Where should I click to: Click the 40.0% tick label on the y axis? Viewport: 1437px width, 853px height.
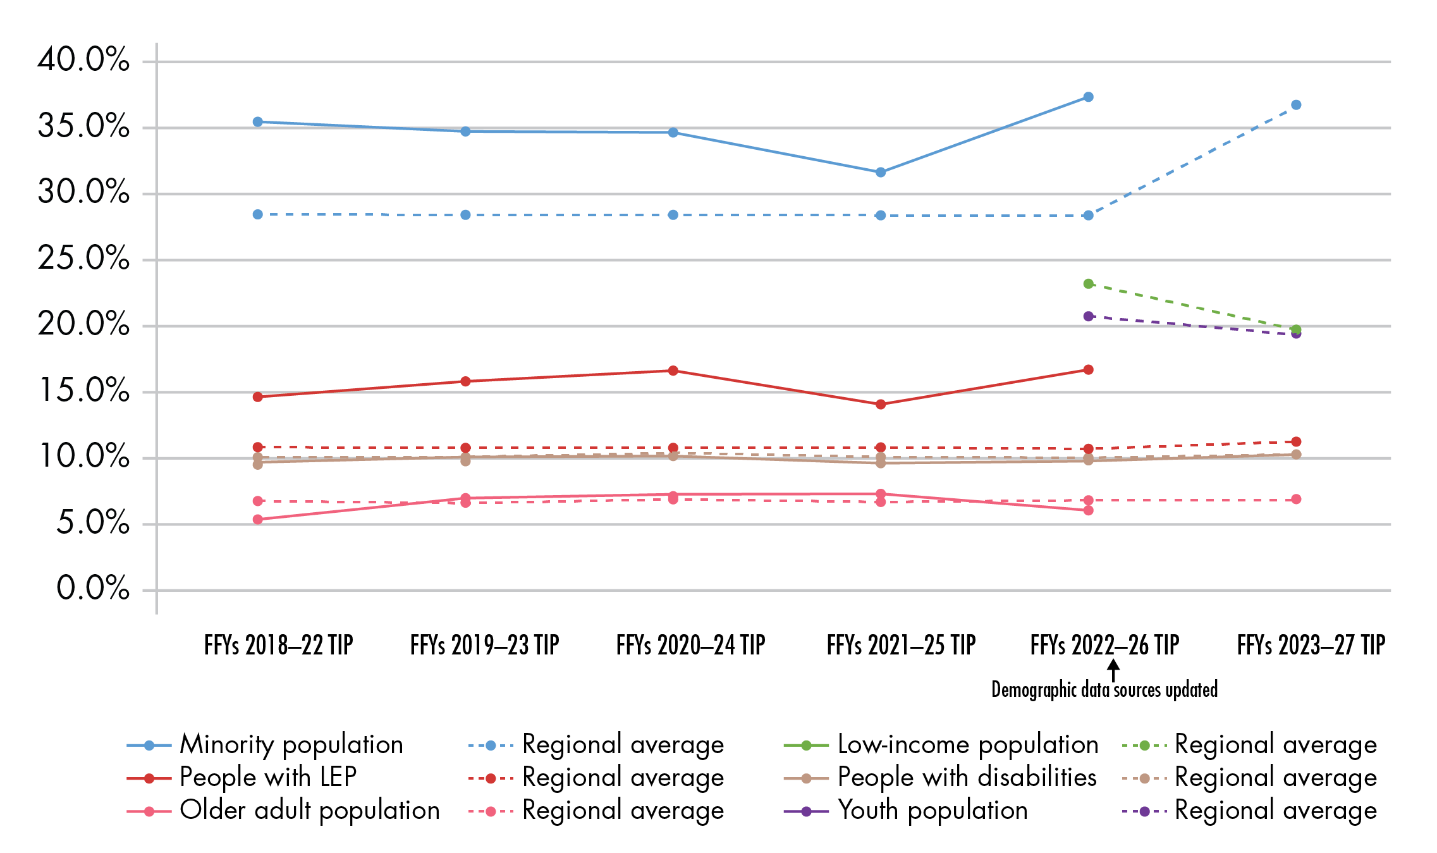tap(83, 60)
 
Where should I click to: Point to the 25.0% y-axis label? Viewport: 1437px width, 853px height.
tap(83, 258)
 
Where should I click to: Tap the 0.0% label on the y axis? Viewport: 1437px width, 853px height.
tap(92, 588)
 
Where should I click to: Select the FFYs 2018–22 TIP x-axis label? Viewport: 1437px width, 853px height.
tap(278, 646)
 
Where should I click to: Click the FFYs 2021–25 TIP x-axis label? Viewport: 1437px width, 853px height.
tap(901, 646)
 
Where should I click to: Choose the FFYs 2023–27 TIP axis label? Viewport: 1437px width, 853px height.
tap(1311, 646)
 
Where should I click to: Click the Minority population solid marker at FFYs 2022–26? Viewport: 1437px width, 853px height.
tap(1088, 97)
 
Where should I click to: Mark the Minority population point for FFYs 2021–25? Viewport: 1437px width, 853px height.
tap(881, 172)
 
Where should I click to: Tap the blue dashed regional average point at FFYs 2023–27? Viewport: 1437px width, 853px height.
tap(1296, 105)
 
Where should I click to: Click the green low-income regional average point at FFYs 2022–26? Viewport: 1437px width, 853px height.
tap(1088, 284)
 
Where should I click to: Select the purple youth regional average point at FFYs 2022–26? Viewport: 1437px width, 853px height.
tap(1088, 316)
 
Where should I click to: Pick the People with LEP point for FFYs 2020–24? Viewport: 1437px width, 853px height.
tap(673, 371)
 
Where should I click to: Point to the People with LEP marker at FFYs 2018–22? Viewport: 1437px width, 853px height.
tap(258, 397)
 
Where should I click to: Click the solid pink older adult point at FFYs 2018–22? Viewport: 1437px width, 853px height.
tap(258, 520)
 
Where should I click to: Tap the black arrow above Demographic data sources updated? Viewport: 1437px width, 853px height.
tap(1113, 670)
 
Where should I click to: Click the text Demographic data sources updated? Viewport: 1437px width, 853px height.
tap(1104, 690)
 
